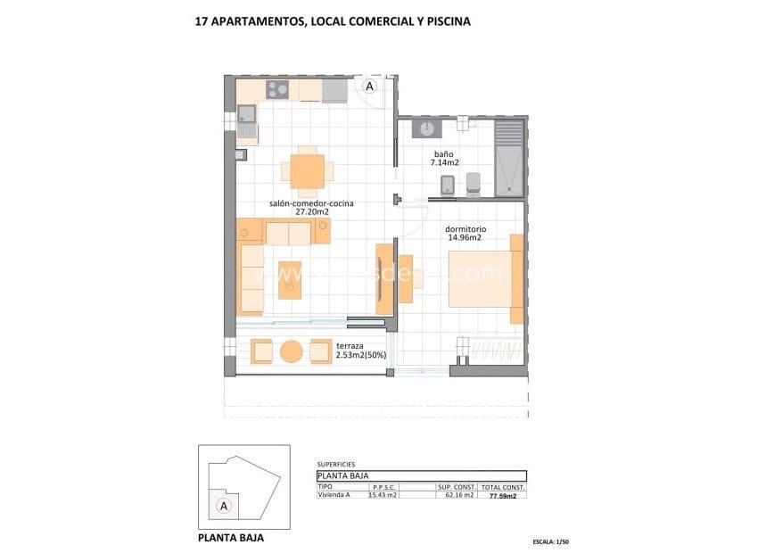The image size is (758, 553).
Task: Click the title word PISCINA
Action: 443,20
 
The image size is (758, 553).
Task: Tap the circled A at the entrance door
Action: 370,87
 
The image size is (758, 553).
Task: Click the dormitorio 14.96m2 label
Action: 464,233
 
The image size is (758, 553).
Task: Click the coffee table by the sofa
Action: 291,280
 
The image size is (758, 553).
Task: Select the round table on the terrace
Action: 292,351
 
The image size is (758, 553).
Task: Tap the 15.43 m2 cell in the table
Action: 383,495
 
